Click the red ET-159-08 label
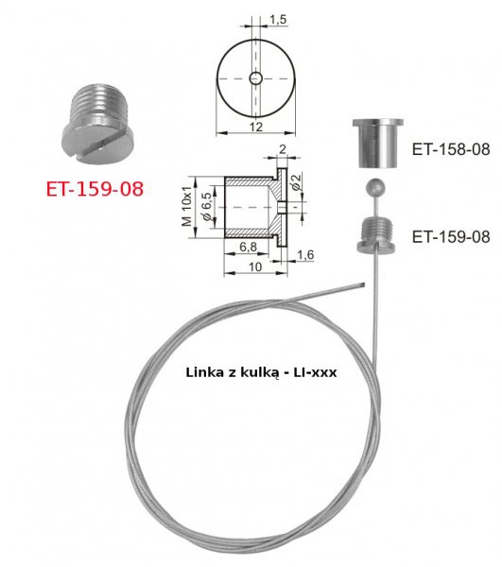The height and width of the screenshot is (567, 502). pos(95,189)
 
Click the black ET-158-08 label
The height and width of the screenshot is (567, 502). pos(451,149)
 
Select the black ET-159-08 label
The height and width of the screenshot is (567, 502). pos(451,236)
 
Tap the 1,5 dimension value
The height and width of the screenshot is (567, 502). pos(278,20)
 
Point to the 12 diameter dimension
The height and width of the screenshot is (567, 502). pos(255,127)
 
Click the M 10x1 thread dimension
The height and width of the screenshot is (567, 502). pos(187,207)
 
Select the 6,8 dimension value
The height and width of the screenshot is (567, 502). pos(248,247)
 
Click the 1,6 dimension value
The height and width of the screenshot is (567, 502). pos(305,255)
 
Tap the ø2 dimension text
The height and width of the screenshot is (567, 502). pos(296,182)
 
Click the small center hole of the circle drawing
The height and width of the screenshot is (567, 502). pos(255,78)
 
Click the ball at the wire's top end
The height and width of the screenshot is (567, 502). pos(374,187)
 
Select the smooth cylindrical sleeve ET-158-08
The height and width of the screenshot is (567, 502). pos(378,144)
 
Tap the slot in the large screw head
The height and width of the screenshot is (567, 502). pos(103,146)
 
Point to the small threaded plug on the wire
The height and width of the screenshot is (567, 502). pos(376,234)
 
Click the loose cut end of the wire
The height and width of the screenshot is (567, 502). pos(363,285)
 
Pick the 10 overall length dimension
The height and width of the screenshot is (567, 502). pos(255,266)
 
